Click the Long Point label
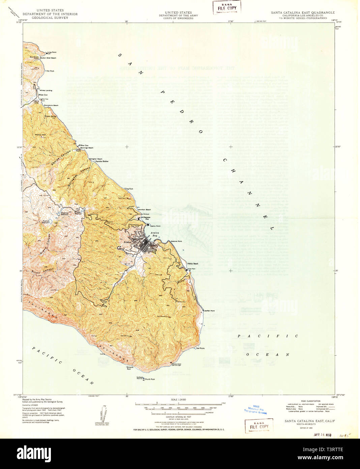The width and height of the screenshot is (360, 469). (52, 52)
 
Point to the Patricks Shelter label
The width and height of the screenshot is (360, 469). (101, 161)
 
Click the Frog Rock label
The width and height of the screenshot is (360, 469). (129, 189)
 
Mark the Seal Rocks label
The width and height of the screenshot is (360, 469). (200, 348)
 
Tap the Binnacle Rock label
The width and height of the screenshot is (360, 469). (129, 368)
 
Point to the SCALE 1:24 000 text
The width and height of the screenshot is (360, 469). (179, 399)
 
